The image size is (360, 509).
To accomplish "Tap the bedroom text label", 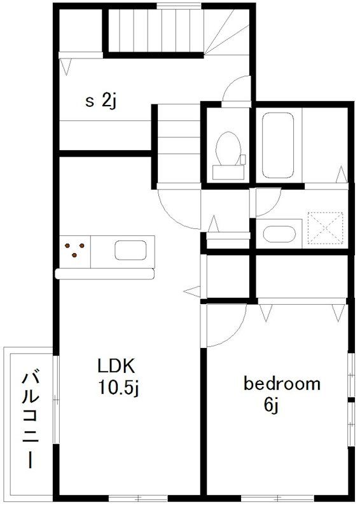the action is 282,384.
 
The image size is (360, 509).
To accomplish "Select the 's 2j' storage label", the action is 101,101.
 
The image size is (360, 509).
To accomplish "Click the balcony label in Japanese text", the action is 31,421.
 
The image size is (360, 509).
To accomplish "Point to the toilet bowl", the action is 228,149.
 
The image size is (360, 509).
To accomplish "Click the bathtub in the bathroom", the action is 277,145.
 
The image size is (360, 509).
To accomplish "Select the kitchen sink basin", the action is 130,250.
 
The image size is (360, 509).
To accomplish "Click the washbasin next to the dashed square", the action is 279,234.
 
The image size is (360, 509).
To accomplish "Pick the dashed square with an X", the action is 325,228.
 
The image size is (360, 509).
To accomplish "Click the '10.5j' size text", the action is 118,387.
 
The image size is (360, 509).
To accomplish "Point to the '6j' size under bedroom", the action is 272,405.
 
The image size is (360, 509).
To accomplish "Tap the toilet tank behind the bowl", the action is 228,172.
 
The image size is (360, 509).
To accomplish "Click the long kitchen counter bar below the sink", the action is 104,274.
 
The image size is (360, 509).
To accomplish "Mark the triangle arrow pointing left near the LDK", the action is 192,291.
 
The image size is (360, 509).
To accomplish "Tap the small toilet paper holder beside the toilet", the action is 242,160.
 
